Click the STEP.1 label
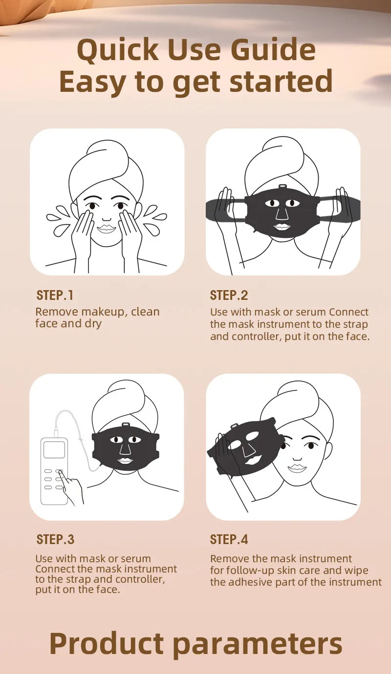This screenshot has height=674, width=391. (55, 295)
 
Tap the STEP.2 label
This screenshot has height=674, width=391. (229, 295)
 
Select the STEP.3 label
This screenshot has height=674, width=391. (55, 539)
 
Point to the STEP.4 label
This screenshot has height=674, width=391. (229, 539)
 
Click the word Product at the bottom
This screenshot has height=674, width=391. (107, 643)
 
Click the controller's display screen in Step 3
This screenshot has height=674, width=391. (54, 449)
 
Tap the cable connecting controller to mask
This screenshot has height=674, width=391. (73, 420)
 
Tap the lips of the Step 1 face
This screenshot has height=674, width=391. (106, 229)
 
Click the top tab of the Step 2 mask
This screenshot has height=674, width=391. (282, 187)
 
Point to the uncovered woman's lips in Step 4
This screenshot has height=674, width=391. (296, 468)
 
